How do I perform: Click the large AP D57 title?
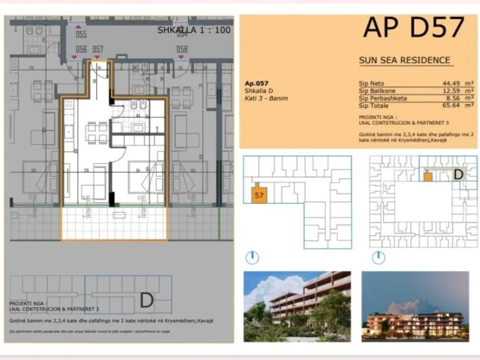pyautogui.click(x=413, y=27)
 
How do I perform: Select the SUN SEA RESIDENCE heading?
pyautogui.click(x=405, y=60)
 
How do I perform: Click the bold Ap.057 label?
pyautogui.click(x=258, y=83)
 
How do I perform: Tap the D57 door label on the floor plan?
pyautogui.click(x=98, y=50)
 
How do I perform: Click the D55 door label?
pyautogui.click(x=81, y=34)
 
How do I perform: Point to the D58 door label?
pyautogui.click(x=182, y=50)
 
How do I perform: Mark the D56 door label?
pyautogui.click(x=81, y=50)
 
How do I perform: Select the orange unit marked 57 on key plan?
pyautogui.click(x=259, y=194)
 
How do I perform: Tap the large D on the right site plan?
pyautogui.click(x=458, y=174)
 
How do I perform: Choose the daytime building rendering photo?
pyautogui.click(x=297, y=307)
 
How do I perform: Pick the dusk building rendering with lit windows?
pyautogui.click(x=414, y=307)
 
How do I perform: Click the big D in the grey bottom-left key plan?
pyautogui.click(x=146, y=299)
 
